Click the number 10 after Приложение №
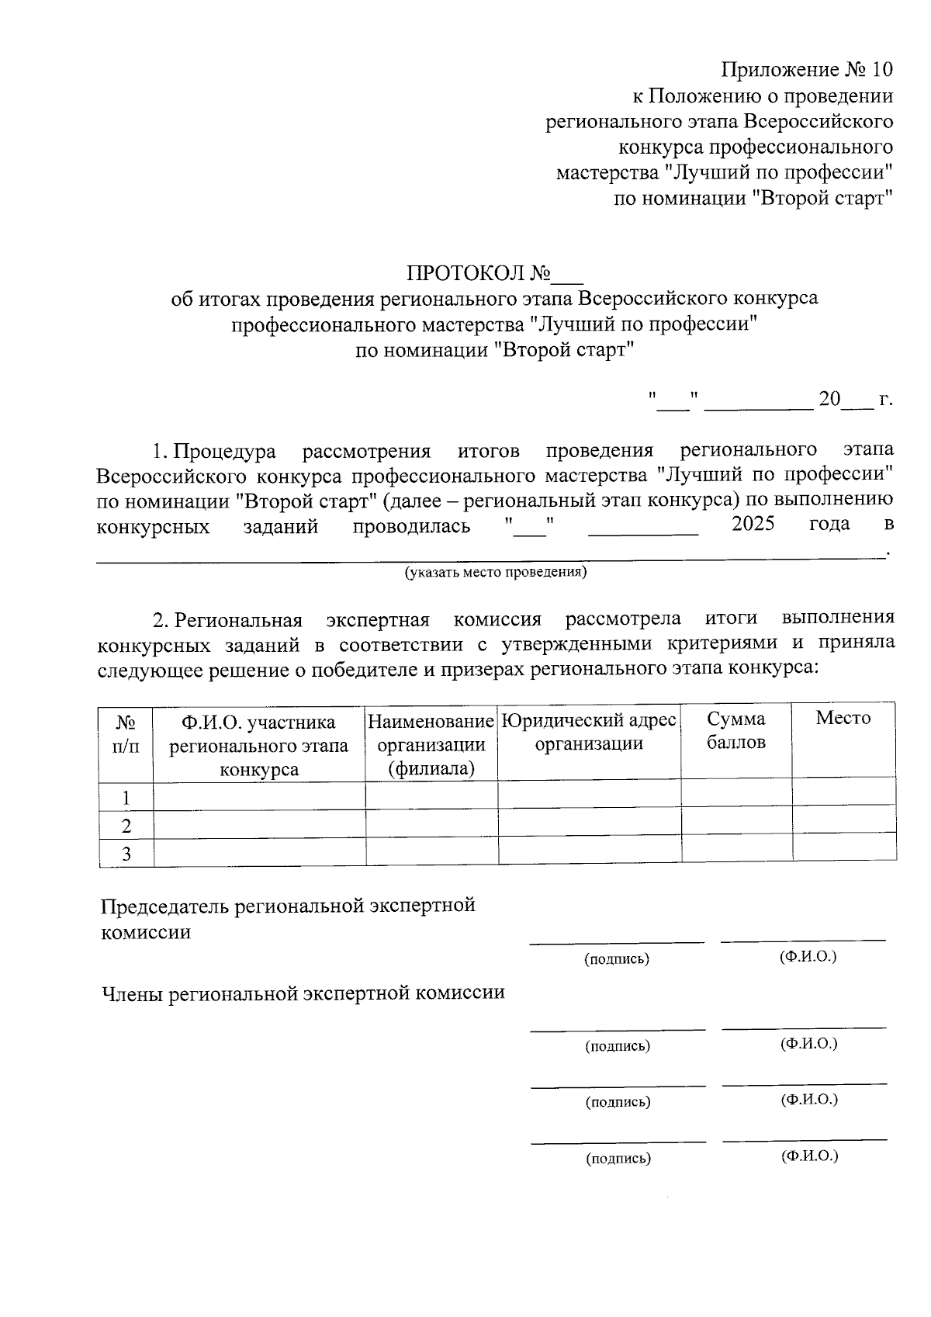tap(882, 71)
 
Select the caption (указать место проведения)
tap(495, 573)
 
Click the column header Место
tap(843, 719)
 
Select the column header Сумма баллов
tap(736, 730)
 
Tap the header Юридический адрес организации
tap(589, 732)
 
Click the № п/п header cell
tap(126, 734)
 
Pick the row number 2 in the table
tap(126, 826)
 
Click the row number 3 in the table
tap(126, 854)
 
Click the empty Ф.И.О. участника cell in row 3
tap(259, 852)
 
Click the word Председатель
tap(165, 906)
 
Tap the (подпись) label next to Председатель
tap(617, 959)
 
